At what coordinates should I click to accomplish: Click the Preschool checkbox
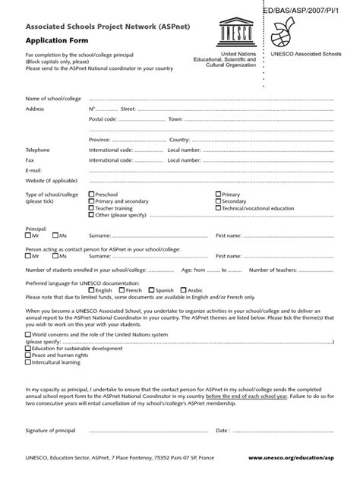(91, 194)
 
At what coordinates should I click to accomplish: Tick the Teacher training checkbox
(91, 207)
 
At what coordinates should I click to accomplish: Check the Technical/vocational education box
(218, 207)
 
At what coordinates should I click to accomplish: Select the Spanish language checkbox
(152, 290)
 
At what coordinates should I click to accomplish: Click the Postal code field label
(103, 119)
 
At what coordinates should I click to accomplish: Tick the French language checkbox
(121, 290)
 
